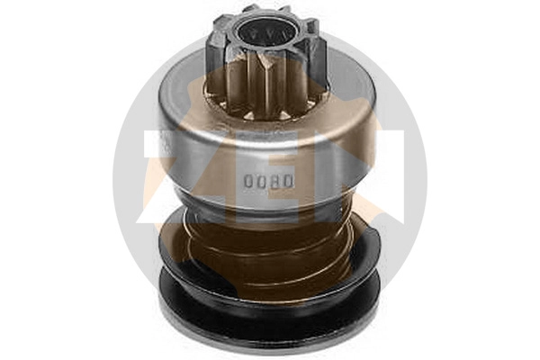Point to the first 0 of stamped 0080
coord(248,180)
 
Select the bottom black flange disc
coord(270,315)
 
